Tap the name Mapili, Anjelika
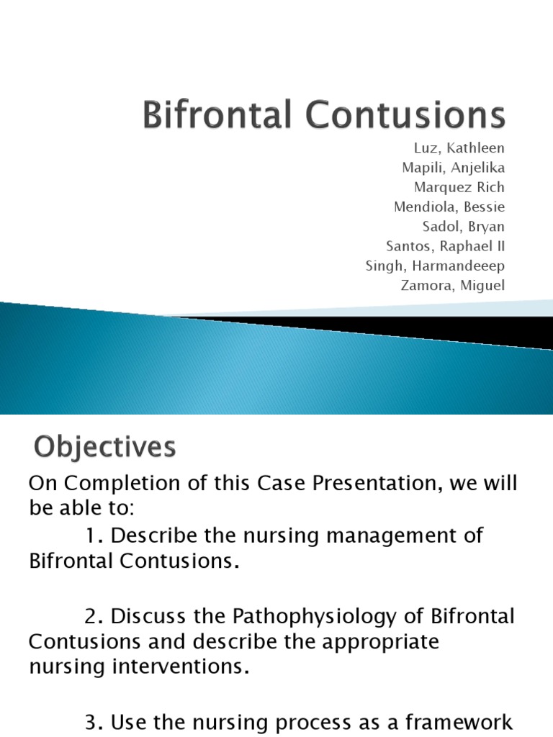pyautogui.click(x=454, y=168)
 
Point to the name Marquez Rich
pyautogui.click(x=454, y=187)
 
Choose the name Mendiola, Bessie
pyautogui.click(x=449, y=207)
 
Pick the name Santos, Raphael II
pyautogui.click(x=446, y=246)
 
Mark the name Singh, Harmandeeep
pyautogui.click(x=436, y=266)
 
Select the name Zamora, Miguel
pyautogui.click(x=452, y=286)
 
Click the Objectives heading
pyautogui.click(x=104, y=448)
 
